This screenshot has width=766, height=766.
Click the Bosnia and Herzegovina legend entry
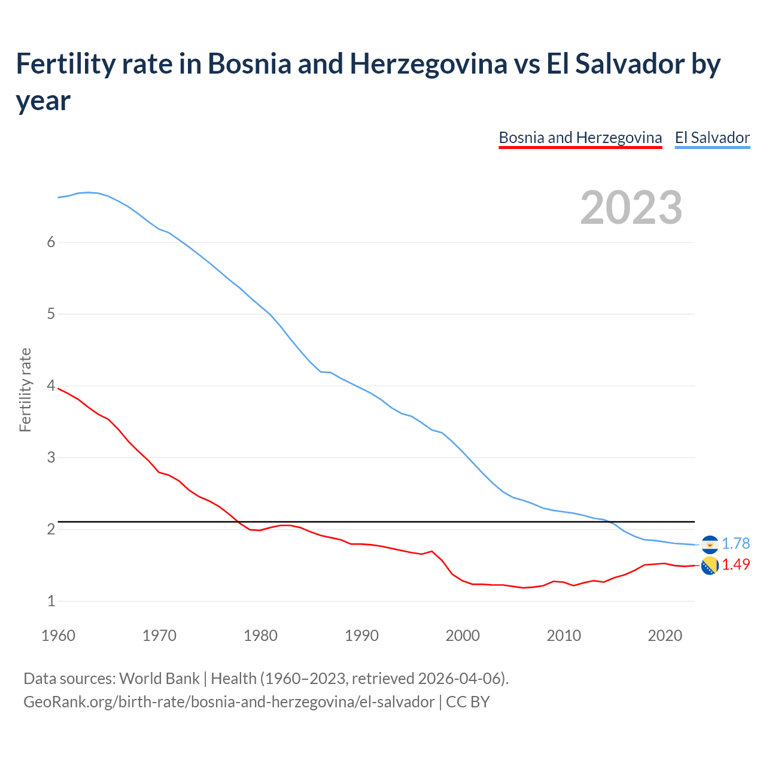[x=580, y=138]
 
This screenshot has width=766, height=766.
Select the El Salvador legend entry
[x=712, y=138]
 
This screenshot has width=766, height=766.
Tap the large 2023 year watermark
[x=631, y=208]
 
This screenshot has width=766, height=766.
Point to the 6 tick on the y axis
[x=51, y=242]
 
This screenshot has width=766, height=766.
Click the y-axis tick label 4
[x=51, y=386]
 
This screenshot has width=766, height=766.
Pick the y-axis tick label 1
[x=51, y=601]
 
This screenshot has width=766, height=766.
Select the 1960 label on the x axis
[x=58, y=636]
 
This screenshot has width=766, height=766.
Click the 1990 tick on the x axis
[x=361, y=636]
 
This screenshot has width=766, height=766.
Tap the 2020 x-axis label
[x=665, y=636]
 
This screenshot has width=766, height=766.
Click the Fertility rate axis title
[x=25, y=390]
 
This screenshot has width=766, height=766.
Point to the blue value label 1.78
[x=735, y=543]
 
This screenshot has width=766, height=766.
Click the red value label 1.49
[x=735, y=564]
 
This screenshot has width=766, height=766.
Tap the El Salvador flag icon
[x=710, y=544]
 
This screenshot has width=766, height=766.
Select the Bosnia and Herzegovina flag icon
[x=710, y=565]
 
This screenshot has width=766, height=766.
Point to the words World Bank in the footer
[x=159, y=679]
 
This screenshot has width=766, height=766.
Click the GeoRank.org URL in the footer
[x=229, y=701]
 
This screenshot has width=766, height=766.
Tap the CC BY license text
[x=468, y=701]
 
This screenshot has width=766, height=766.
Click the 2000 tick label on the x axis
[x=463, y=636]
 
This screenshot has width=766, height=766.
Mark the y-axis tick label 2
[x=51, y=530]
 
